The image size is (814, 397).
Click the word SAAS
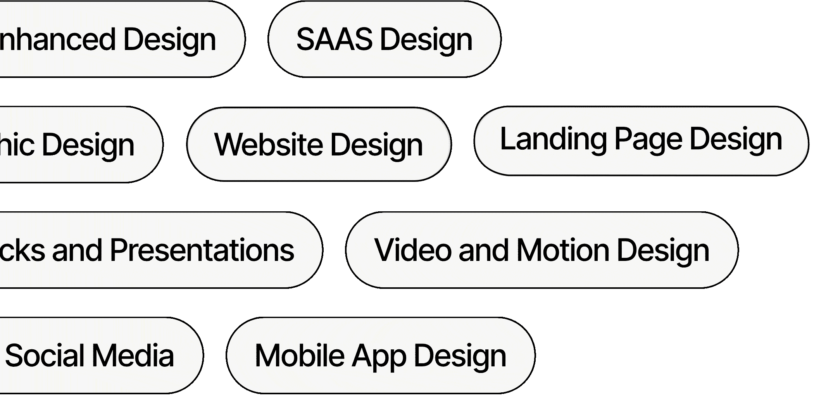[334, 39]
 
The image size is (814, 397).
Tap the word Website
[268, 145]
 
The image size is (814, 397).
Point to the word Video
[412, 250]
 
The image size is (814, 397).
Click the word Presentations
[202, 250]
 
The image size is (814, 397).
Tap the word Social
[45, 356]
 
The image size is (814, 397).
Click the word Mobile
[300, 356]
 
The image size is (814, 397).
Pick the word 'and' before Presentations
[77, 250]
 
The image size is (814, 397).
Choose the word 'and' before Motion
[483, 250]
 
